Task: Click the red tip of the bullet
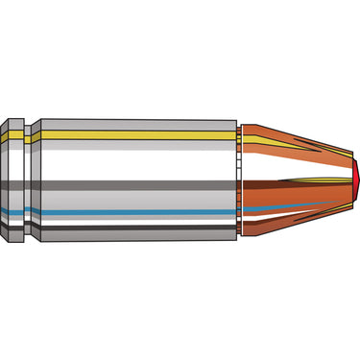point(354,180)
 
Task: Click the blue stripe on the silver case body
point(134,210)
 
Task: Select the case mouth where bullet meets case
point(238,180)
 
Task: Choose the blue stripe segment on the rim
point(12,212)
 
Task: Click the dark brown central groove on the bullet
point(298,180)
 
